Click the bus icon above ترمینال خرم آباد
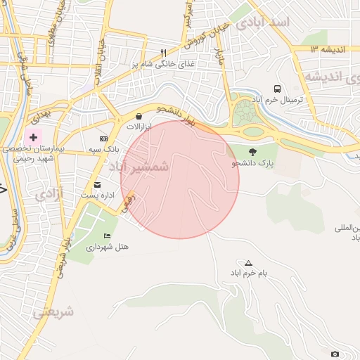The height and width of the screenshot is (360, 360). [x=278, y=89]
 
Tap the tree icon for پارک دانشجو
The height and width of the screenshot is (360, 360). [x=252, y=151]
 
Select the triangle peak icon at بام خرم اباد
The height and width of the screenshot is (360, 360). [x=247, y=262]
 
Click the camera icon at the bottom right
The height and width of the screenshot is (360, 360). [x=335, y=353]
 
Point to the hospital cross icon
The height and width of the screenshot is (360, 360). [x=33, y=136]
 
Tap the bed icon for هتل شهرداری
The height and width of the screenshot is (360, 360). [x=107, y=236]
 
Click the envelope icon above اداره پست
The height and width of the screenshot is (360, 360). [x=97, y=185]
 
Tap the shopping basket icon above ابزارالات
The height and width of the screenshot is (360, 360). [x=139, y=116]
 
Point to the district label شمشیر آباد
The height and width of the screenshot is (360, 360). [x=139, y=166]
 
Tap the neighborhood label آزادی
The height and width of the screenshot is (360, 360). [x=49, y=193]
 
